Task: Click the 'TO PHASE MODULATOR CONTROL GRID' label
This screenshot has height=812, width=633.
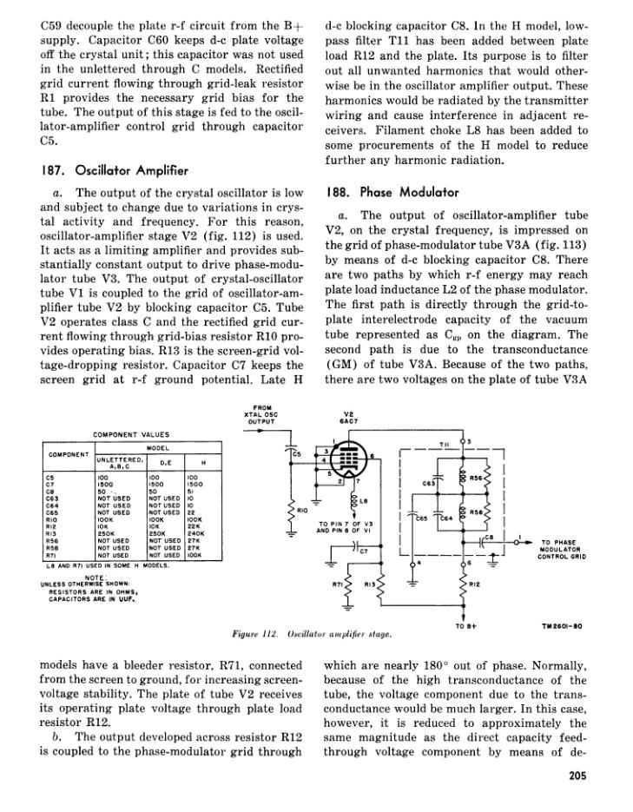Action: click(x=565, y=547)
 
